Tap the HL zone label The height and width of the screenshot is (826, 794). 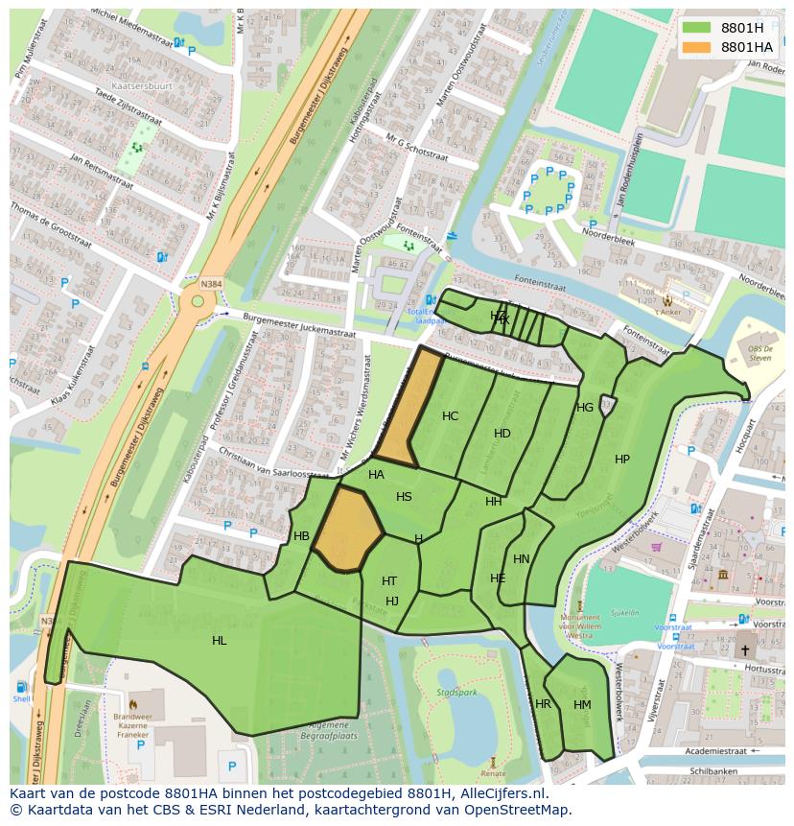click(x=220, y=641)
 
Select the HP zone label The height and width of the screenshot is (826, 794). click(x=622, y=460)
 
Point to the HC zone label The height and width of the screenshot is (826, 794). click(x=450, y=416)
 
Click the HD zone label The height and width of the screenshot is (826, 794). click(x=502, y=434)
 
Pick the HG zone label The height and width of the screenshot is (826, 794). click(x=585, y=408)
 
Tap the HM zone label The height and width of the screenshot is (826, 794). click(x=582, y=705)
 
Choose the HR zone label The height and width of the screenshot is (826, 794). click(x=544, y=704)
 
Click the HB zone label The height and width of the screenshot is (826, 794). click(x=302, y=536)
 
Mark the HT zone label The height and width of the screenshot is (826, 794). click(x=389, y=581)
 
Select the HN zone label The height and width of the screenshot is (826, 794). click(x=522, y=559)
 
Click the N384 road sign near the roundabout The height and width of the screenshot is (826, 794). click(x=211, y=285)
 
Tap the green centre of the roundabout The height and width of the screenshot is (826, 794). click(x=198, y=301)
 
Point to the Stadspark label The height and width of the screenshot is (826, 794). click(x=456, y=691)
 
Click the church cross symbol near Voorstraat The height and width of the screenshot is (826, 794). click(x=745, y=650)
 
